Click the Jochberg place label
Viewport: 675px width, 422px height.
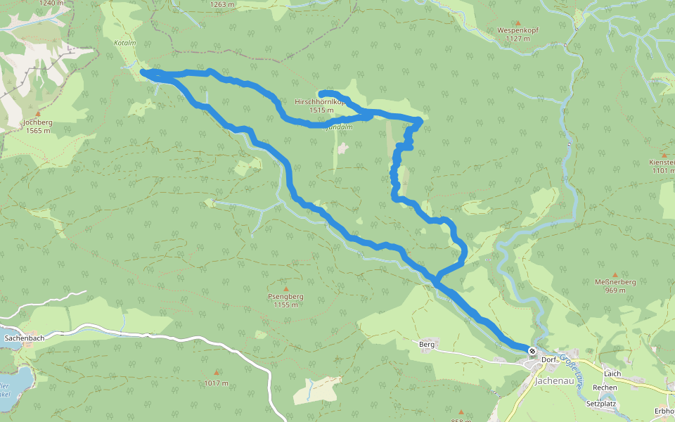tap(38, 122)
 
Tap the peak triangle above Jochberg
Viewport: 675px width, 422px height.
tap(38, 113)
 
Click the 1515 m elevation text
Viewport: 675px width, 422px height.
tap(321, 110)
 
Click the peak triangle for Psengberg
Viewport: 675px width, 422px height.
tap(285, 288)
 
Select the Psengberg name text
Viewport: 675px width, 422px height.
tap(285, 297)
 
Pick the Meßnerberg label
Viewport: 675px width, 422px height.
tap(615, 282)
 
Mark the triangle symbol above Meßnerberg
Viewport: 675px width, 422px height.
tap(615, 274)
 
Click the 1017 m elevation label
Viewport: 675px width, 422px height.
tap(217, 383)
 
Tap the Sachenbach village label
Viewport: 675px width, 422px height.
tap(25, 338)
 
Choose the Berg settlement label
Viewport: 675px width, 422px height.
tap(427, 345)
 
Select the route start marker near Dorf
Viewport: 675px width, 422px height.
tap(533, 350)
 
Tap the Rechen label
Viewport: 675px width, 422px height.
tap(605, 388)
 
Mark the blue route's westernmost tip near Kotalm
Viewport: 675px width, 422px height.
tap(143, 71)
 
